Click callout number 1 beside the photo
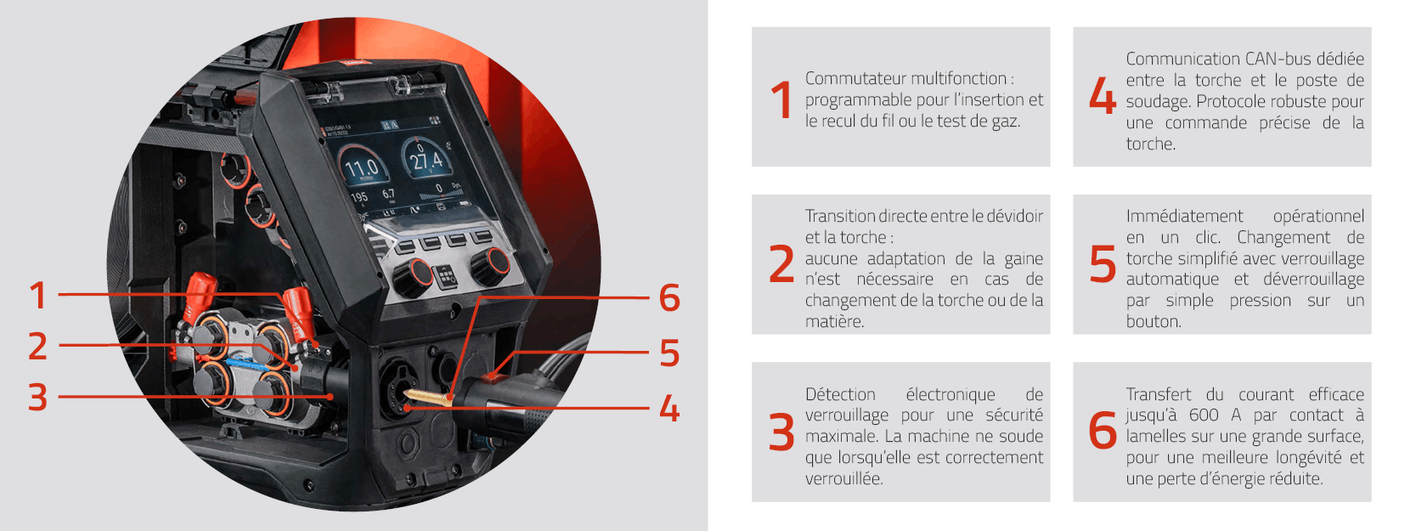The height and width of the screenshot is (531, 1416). click(37, 296)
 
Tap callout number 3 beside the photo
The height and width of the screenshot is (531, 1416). click(37, 397)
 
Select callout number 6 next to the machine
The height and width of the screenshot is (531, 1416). click(669, 298)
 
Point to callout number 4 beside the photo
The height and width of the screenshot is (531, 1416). click(669, 409)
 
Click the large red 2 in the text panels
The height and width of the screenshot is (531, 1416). click(781, 264)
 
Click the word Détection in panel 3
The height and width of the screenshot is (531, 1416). click(839, 395)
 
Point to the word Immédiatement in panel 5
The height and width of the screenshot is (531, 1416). click(1183, 217)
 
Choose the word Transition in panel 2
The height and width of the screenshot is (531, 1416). click(839, 217)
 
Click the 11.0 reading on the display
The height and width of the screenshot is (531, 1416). click(362, 167)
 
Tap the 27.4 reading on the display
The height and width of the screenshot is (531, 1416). click(426, 160)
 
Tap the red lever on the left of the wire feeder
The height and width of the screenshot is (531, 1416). click(198, 293)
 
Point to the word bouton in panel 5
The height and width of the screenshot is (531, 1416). click(1153, 322)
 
